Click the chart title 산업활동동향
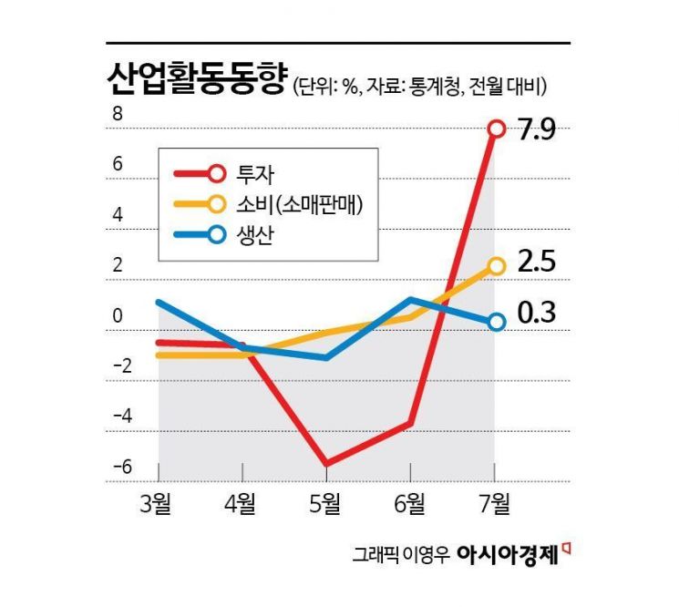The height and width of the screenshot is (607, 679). point(196,79)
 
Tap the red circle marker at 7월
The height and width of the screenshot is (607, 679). point(496,129)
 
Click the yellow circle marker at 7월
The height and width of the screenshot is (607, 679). point(496,266)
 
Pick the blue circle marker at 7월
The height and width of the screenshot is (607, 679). point(496,322)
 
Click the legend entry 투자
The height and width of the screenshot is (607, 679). point(261,173)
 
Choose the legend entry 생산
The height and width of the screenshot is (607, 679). point(261,234)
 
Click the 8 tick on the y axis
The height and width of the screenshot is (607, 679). point(118,115)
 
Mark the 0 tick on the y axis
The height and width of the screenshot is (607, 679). point(118,316)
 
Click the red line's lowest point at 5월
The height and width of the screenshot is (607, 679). point(326,464)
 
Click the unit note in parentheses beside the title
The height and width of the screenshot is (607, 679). point(419,87)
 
